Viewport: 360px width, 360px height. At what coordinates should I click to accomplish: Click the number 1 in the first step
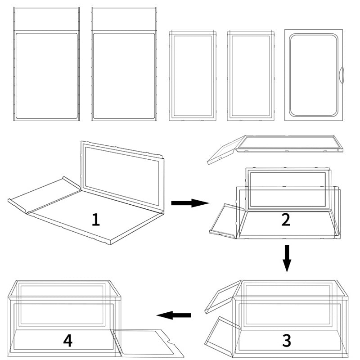click(95, 220)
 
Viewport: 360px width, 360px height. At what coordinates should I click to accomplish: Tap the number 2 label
click(286, 220)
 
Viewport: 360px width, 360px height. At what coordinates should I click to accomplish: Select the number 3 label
click(286, 341)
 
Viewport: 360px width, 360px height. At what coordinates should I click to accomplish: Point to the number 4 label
click(67, 341)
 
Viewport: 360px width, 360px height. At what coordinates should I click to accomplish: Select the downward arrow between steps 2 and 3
click(287, 259)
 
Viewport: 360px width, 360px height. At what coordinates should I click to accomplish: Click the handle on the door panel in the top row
click(341, 74)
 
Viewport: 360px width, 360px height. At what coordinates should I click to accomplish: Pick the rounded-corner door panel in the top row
click(313, 75)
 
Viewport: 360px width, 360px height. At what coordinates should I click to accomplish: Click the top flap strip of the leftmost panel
click(46, 19)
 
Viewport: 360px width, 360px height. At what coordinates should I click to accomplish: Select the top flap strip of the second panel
click(124, 19)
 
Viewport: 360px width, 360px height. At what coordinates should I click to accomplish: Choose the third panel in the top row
click(193, 76)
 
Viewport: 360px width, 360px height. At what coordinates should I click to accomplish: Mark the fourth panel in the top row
click(250, 76)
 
